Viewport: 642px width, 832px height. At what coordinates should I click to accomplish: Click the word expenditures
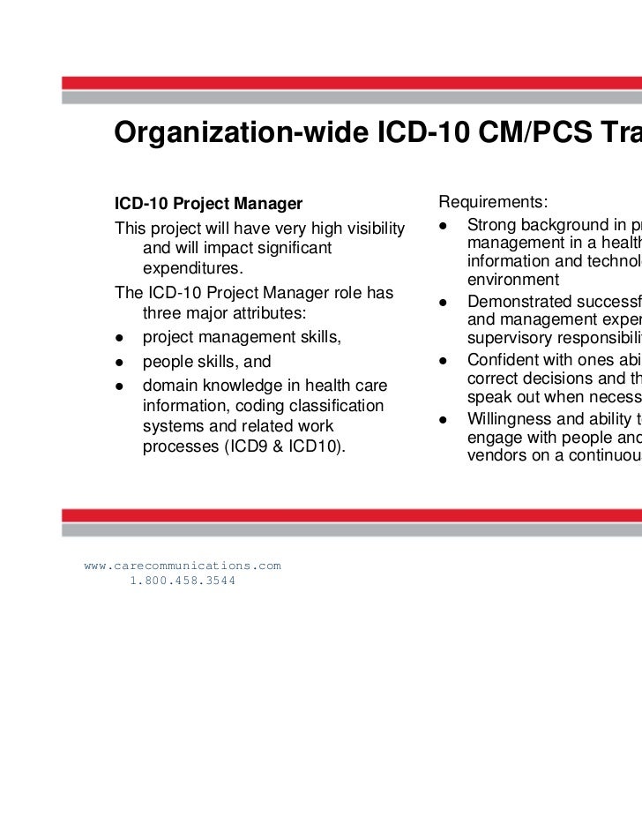191,268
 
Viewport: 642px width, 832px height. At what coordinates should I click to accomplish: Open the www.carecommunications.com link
183,565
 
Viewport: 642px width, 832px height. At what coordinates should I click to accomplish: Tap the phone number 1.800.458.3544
183,581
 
